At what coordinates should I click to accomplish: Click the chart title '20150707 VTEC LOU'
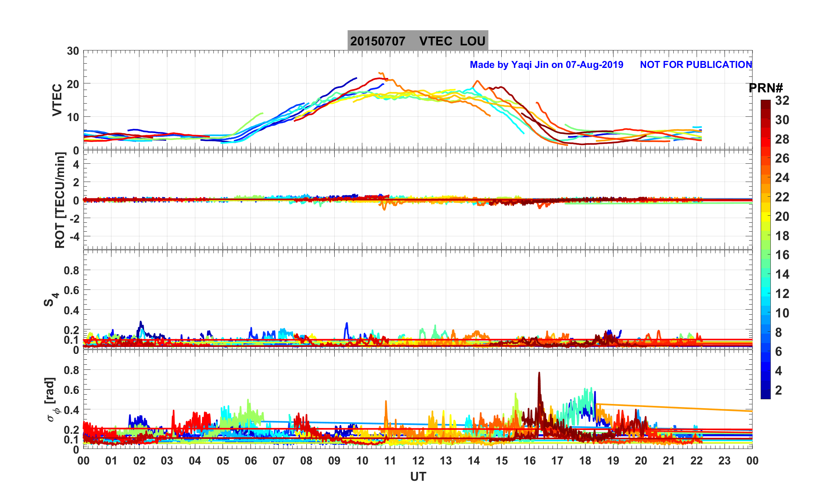pos(417,41)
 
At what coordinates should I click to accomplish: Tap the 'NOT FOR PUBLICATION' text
pos(696,65)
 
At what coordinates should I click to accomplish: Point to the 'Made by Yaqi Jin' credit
pos(546,65)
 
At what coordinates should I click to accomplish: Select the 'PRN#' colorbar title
pos(766,88)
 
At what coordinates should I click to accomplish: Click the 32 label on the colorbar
pos(782,101)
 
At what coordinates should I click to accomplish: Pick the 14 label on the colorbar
pos(782,275)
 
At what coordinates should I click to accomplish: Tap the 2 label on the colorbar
pos(778,390)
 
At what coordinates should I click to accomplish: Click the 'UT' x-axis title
pos(418,477)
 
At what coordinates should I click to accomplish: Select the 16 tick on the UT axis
pos(530,461)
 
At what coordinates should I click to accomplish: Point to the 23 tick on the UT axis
pos(725,461)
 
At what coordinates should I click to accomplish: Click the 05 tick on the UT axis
pos(223,461)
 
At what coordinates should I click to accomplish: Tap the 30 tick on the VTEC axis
pos(73,51)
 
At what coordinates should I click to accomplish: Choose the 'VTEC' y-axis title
pos(57,100)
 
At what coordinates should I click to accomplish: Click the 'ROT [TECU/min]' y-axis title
pos(60,200)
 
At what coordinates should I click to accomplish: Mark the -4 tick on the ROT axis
pos(73,236)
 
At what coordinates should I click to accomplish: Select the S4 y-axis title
pos(50,299)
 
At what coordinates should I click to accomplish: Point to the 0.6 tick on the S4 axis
pos(71,290)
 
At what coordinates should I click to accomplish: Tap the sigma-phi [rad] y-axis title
pos(51,400)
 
